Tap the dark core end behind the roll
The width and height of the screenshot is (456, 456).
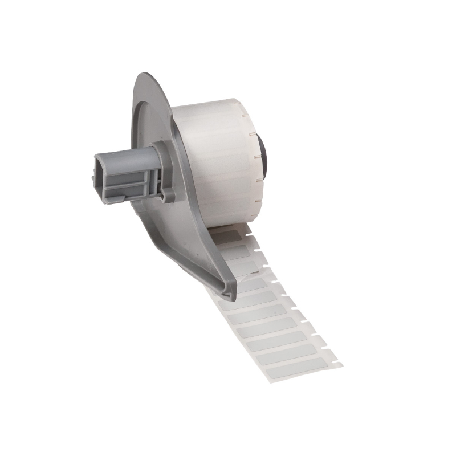[x=263, y=154]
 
